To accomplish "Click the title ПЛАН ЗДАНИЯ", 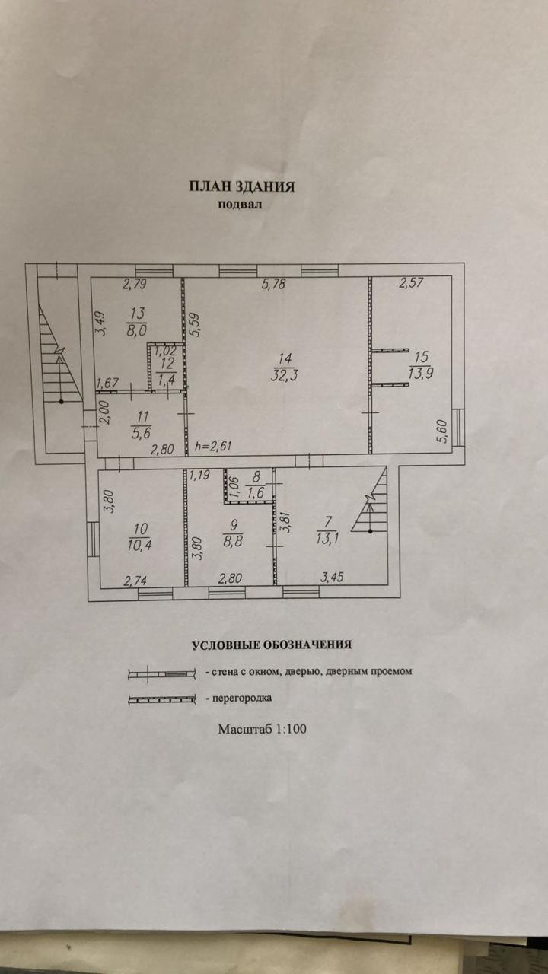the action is [241, 186].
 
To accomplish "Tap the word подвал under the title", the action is [241, 204].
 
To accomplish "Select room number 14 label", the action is [284, 358].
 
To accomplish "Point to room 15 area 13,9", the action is [421, 373].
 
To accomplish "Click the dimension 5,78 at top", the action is [274, 285].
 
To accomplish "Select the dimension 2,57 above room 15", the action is [411, 284].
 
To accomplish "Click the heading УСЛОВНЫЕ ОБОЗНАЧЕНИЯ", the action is [271, 645].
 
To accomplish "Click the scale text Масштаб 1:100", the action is [262, 729].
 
